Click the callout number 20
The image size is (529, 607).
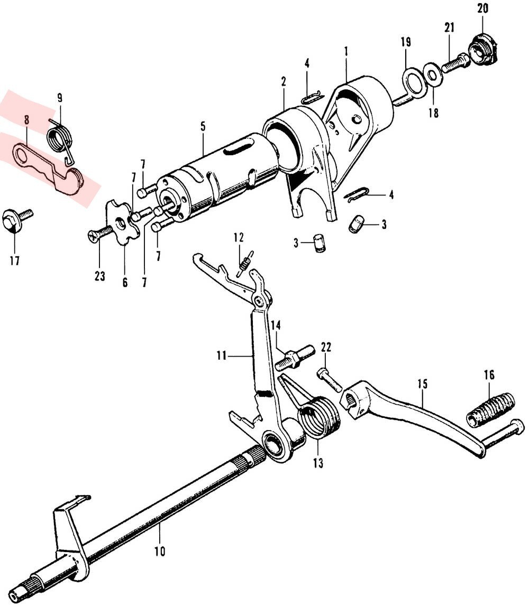pyautogui.click(x=482, y=8)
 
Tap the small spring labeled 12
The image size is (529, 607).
pyautogui.click(x=245, y=263)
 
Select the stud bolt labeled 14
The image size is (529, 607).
pyautogui.click(x=294, y=358)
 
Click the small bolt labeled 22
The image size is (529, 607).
pyautogui.click(x=330, y=380)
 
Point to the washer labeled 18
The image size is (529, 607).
pyautogui.click(x=433, y=76)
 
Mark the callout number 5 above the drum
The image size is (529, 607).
pyautogui.click(x=203, y=127)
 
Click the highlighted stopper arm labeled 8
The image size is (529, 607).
pyautogui.click(x=48, y=167)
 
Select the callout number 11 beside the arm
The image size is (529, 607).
pyautogui.click(x=222, y=356)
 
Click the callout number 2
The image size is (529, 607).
pyautogui.click(x=284, y=81)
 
